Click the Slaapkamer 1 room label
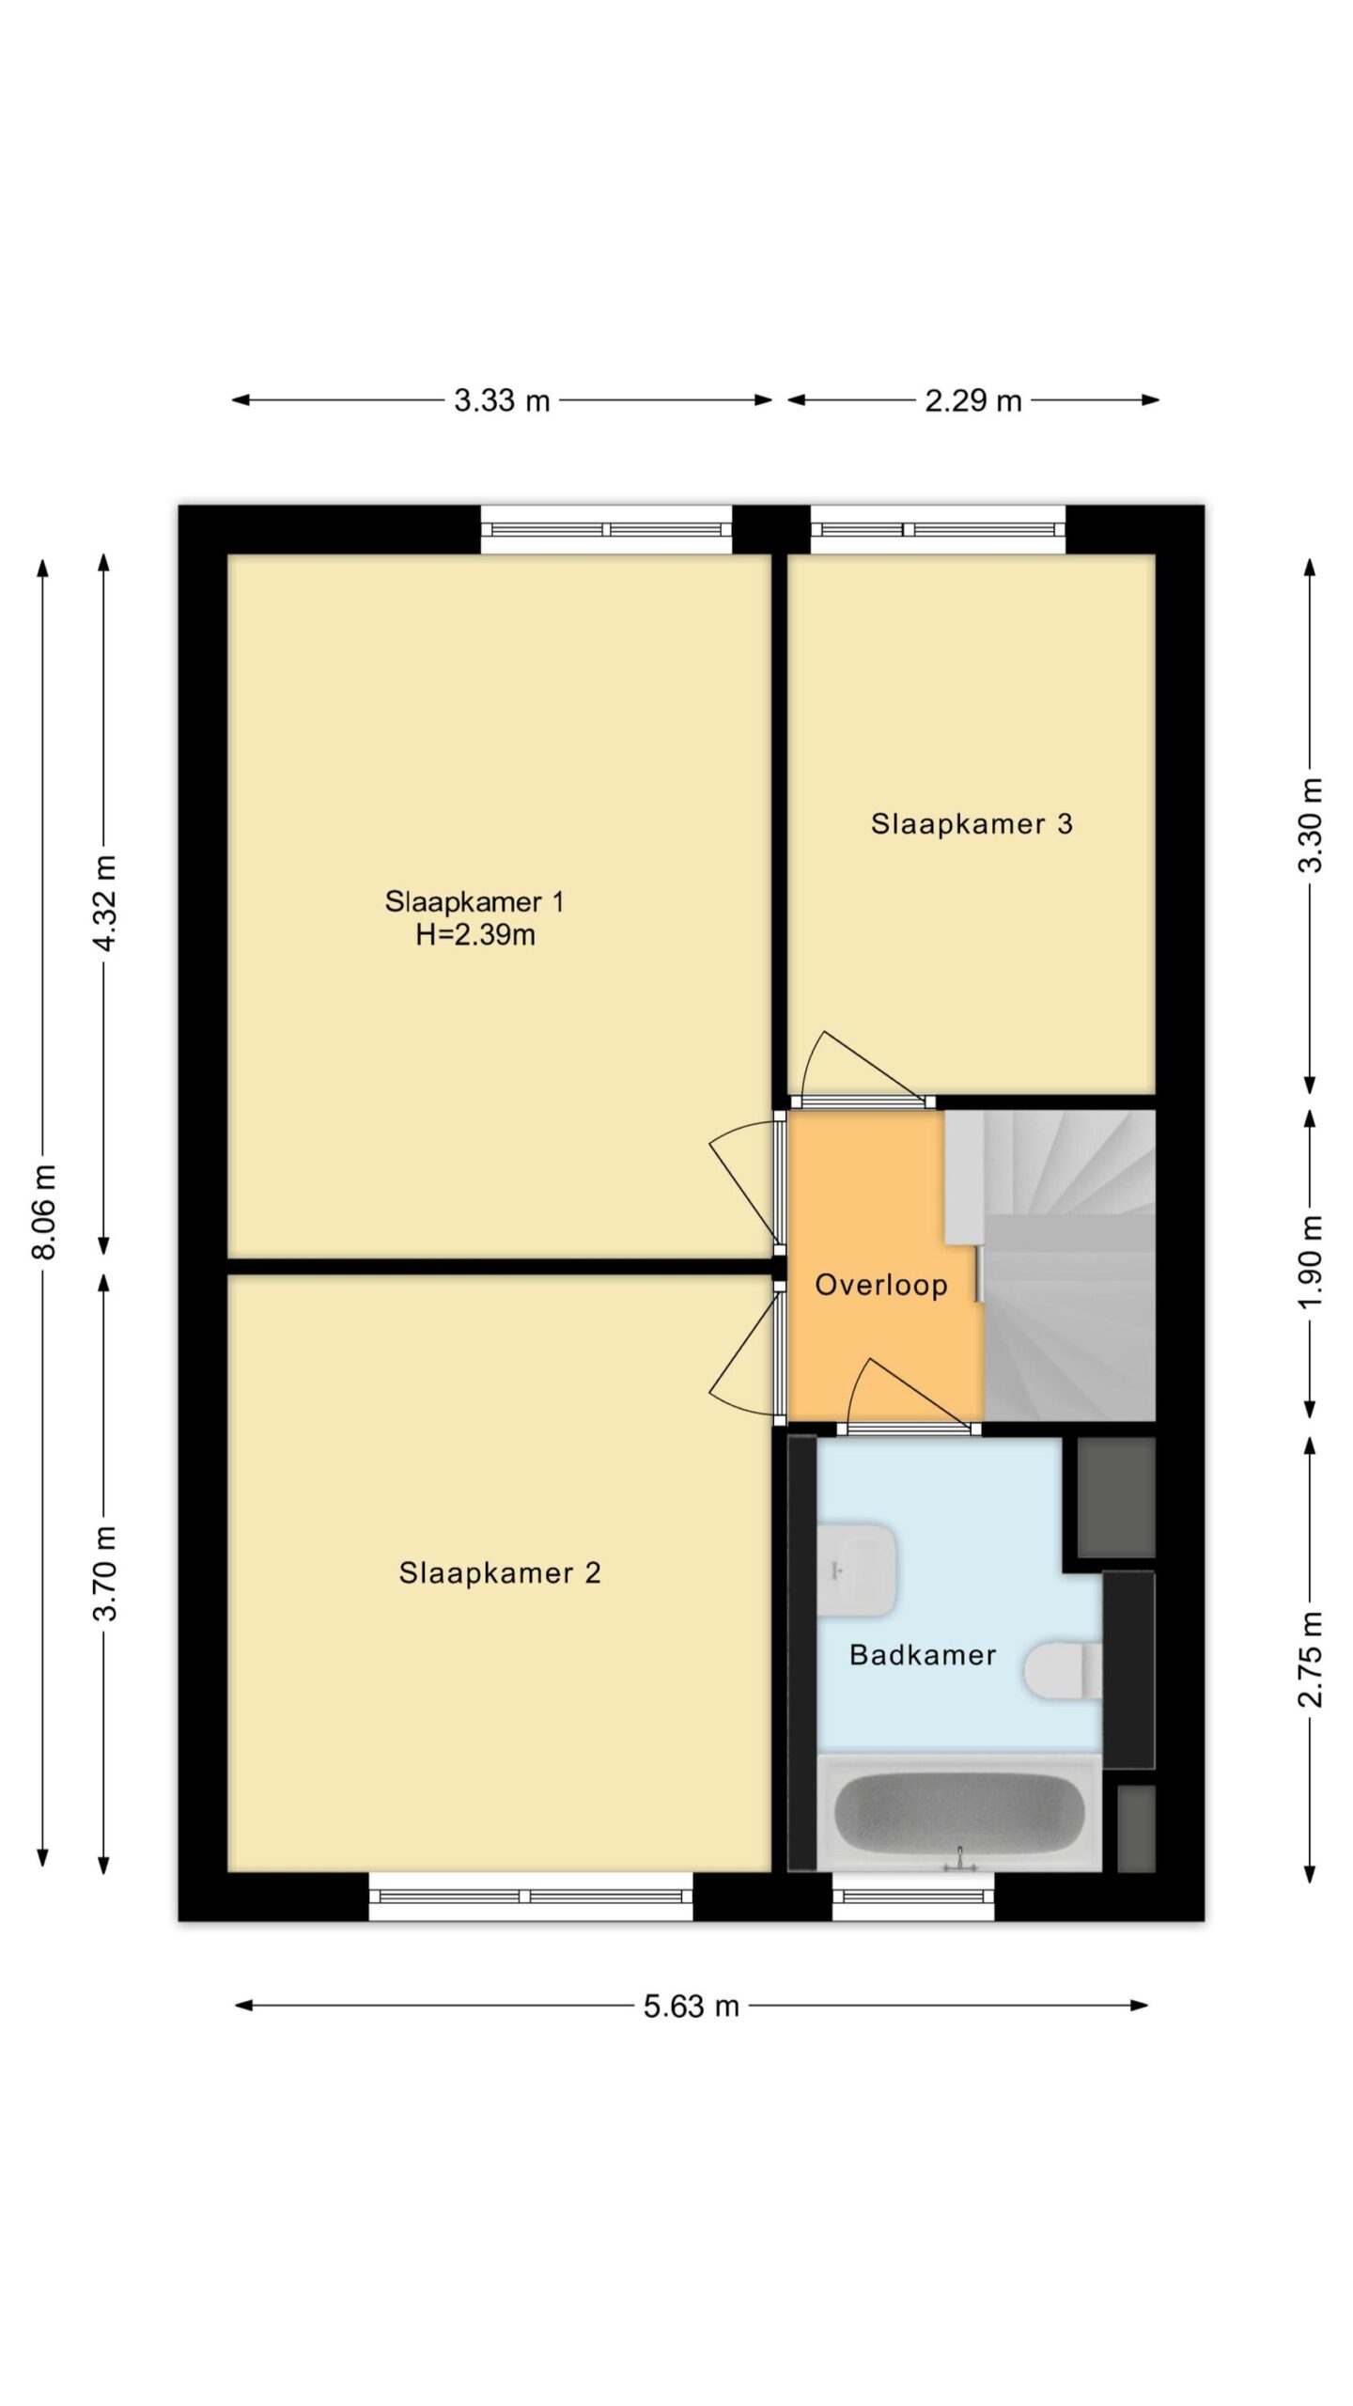click(x=474, y=902)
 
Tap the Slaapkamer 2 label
click(x=500, y=1572)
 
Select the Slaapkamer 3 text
click(x=972, y=823)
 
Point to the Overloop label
click(x=881, y=1286)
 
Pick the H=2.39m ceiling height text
click(x=475, y=935)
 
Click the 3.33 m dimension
click(x=502, y=400)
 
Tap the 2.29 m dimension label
click(x=973, y=400)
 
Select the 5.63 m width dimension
click(x=692, y=2007)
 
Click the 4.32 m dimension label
click(x=104, y=903)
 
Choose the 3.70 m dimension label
click(x=104, y=1572)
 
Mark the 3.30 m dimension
click(x=1311, y=824)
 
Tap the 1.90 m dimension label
click(x=1311, y=1262)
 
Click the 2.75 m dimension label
click(x=1311, y=1660)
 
